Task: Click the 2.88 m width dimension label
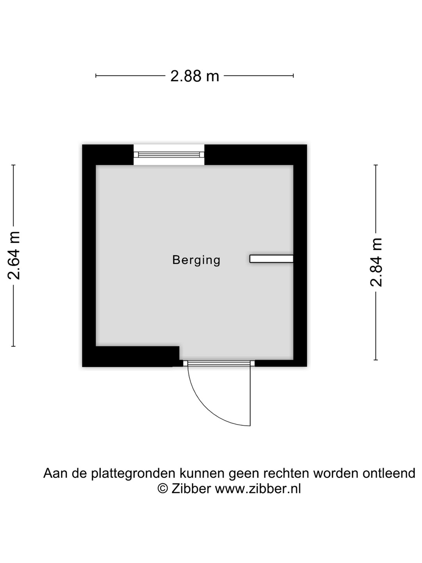point(195,76)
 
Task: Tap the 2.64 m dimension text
point(14,255)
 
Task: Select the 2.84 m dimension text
point(376,262)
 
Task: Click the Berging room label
point(196,260)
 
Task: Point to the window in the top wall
point(169,154)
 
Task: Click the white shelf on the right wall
point(271,258)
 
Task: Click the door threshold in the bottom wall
point(219,363)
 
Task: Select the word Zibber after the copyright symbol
point(191,489)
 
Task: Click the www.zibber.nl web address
point(258,489)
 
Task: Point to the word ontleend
point(389,473)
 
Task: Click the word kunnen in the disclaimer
point(202,473)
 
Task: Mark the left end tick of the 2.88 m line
point(96,76)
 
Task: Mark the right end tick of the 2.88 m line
point(293,76)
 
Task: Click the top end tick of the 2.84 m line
point(376,165)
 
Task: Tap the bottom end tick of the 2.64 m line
point(14,346)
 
